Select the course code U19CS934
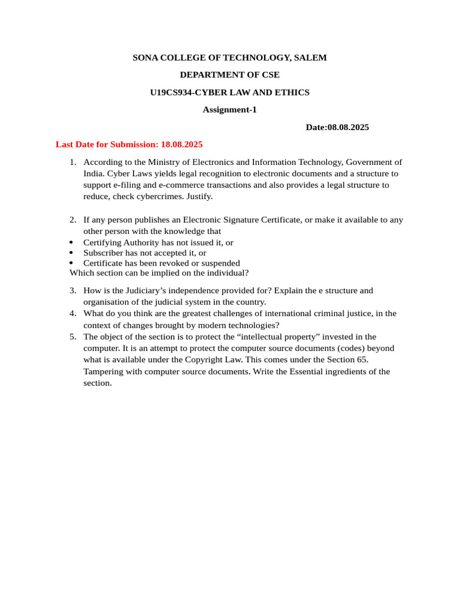172,92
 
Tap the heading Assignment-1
229,110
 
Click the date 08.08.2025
348,127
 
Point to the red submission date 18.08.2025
182,145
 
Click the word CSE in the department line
267,75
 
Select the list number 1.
72,162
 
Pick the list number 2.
72,220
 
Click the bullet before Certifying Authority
71,243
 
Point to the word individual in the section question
227,273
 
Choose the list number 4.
72,314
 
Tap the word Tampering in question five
103,372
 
